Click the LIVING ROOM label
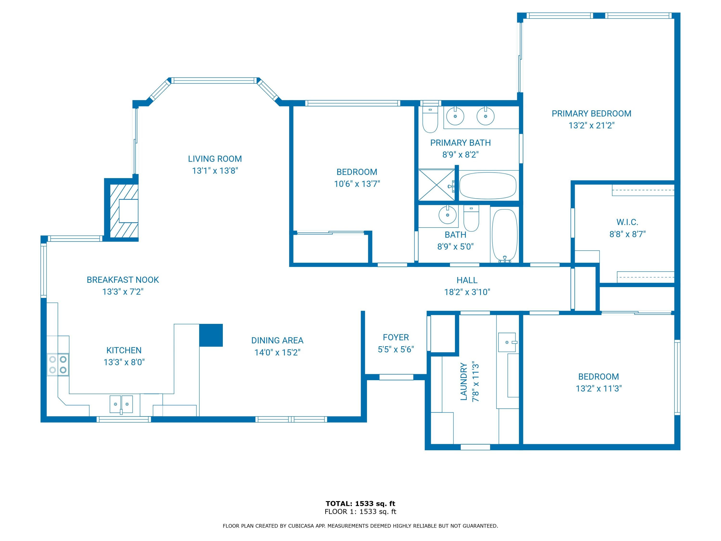(x=215, y=159)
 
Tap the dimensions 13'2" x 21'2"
(x=591, y=126)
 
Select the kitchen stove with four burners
(x=58, y=365)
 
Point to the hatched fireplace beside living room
(x=124, y=211)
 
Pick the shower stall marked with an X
(x=436, y=185)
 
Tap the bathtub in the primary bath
(x=488, y=186)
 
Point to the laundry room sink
(x=507, y=342)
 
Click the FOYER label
(x=396, y=338)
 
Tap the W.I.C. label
(x=627, y=222)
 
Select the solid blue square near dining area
(x=211, y=335)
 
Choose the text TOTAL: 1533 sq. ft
(x=360, y=504)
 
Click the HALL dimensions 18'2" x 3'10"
(x=467, y=292)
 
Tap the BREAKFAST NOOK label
(x=123, y=280)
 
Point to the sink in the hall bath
(x=447, y=215)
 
